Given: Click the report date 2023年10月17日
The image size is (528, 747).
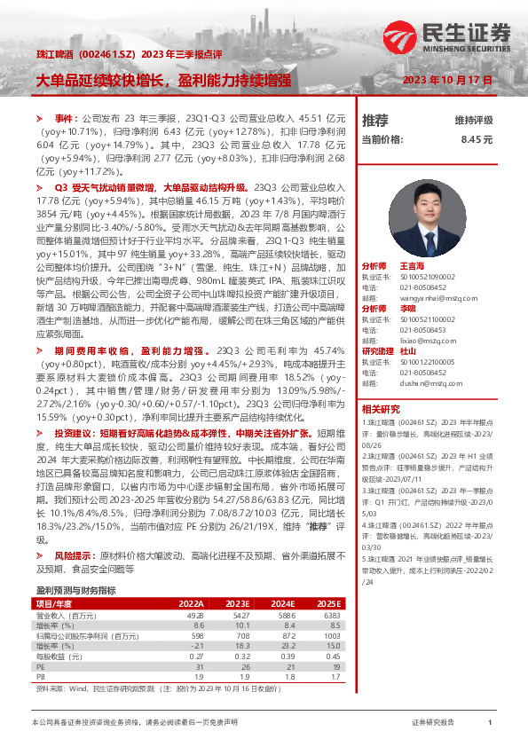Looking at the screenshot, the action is point(447,80).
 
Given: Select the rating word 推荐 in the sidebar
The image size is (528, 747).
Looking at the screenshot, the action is point(375,121).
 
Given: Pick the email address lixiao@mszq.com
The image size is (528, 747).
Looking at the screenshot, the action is point(421,340).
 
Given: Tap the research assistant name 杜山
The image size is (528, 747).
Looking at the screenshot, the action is point(409,351).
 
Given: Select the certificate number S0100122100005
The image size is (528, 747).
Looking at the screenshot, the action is point(429,363).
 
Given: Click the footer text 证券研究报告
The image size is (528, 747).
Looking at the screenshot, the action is point(434,724).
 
